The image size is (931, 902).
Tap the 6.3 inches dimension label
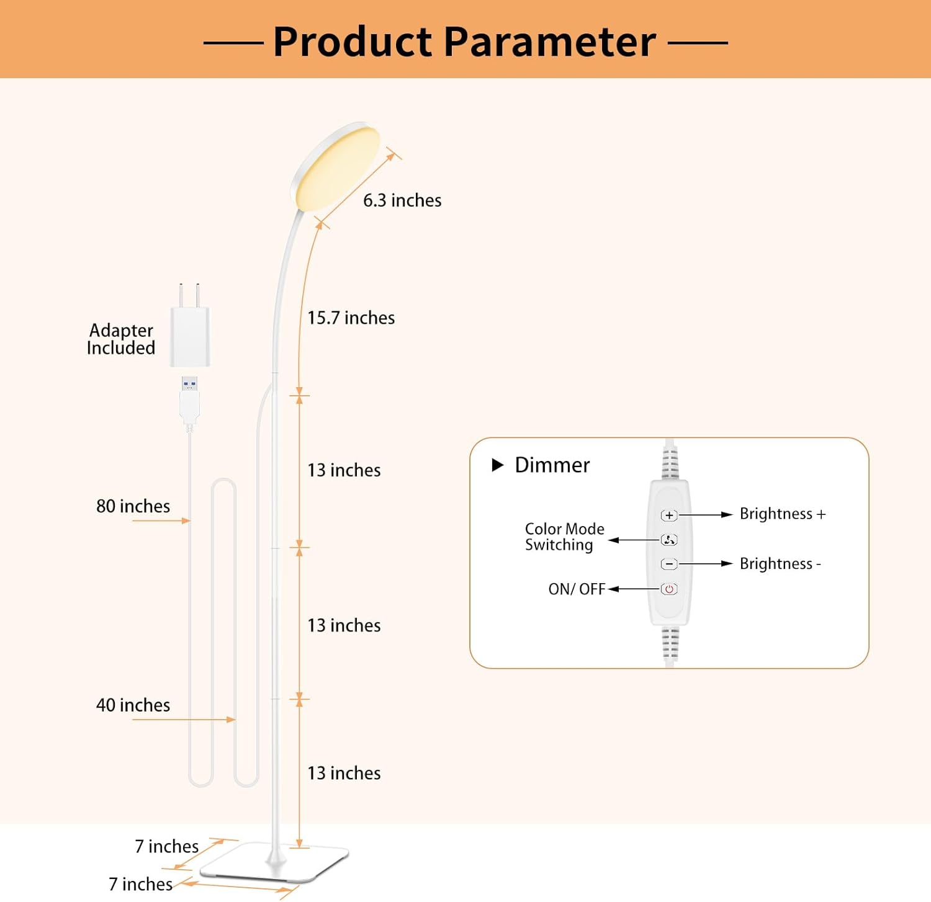402,200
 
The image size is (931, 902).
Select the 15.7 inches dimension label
351,318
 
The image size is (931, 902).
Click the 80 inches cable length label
133,506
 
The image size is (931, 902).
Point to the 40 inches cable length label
133,705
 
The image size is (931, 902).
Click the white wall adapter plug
190,335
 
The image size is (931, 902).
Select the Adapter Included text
121,339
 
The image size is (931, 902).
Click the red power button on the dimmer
669,589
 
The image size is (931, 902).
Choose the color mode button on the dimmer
669,540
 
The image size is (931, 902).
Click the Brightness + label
783,514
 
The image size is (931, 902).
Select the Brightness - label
780,563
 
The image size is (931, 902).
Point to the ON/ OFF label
577,589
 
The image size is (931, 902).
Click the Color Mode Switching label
564,537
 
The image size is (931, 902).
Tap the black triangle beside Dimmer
497,465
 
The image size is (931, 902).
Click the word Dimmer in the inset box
552,465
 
